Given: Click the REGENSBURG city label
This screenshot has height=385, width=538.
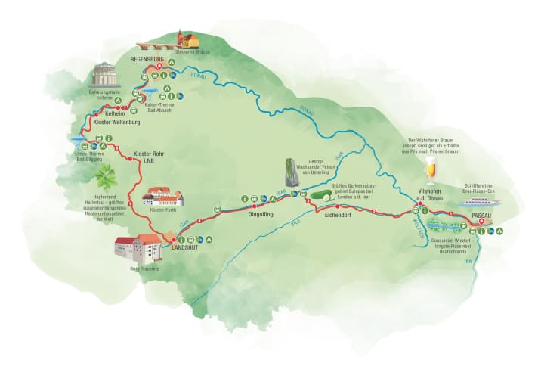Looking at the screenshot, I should click(147, 58).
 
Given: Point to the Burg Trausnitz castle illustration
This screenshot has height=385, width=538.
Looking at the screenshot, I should click(138, 249).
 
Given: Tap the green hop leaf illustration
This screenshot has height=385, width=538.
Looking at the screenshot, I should click(105, 179).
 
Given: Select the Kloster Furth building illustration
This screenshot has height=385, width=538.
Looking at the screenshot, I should click(163, 197).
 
